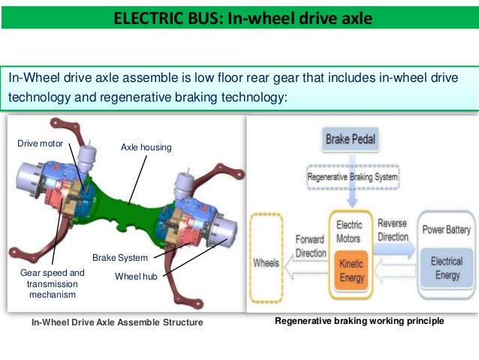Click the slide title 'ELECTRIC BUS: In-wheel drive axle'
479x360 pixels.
(242, 17)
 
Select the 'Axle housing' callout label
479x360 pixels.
(146, 147)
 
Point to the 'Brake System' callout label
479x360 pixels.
(120, 258)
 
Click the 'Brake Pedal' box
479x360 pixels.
(351, 140)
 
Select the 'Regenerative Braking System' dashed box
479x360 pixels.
(352, 178)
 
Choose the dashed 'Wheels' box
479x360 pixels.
(267, 264)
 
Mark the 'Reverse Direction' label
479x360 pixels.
(392, 231)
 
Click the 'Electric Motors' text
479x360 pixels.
(349, 231)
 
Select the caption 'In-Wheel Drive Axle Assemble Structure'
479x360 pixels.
(117, 322)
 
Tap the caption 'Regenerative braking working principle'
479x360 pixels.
(360, 321)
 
